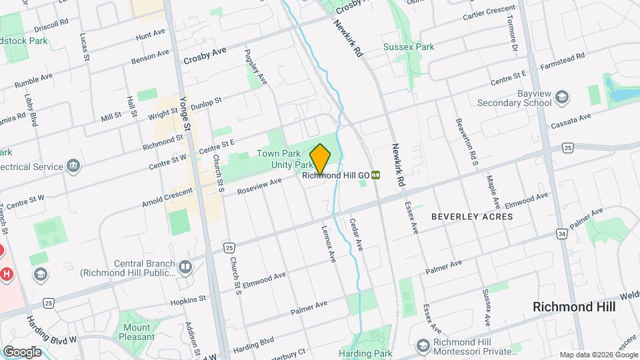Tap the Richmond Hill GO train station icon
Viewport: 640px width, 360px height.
tap(376, 175)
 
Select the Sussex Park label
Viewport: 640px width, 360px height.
tap(409, 47)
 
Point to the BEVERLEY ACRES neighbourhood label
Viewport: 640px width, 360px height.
tap(472, 217)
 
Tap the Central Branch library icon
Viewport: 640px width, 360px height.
tap(185, 267)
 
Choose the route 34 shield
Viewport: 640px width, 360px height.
tap(563, 234)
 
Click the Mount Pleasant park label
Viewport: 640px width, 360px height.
tap(136, 332)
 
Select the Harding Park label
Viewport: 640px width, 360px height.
tap(365, 353)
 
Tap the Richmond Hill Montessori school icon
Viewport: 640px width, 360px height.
tap(423, 345)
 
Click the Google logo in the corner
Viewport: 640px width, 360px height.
tap(21, 352)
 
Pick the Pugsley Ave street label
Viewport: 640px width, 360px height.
tap(255, 67)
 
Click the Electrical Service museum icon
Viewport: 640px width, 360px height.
tap(73, 165)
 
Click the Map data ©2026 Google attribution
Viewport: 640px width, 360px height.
tap(598, 355)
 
